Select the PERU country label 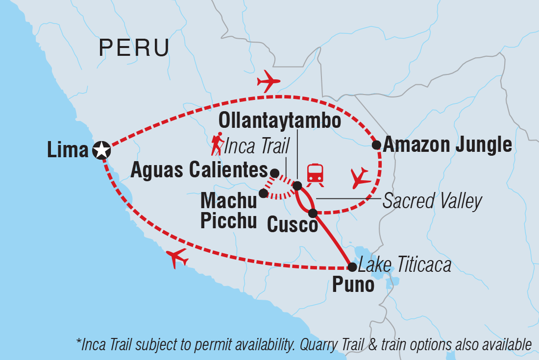point(134,48)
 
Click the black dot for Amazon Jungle point(376,144)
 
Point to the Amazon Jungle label point(447,145)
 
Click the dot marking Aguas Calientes point(275,173)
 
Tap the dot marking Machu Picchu point(263,193)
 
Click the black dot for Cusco point(313,213)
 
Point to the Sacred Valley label point(432,201)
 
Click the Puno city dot point(352,267)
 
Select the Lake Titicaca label point(404,265)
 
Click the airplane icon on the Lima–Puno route point(177,258)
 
